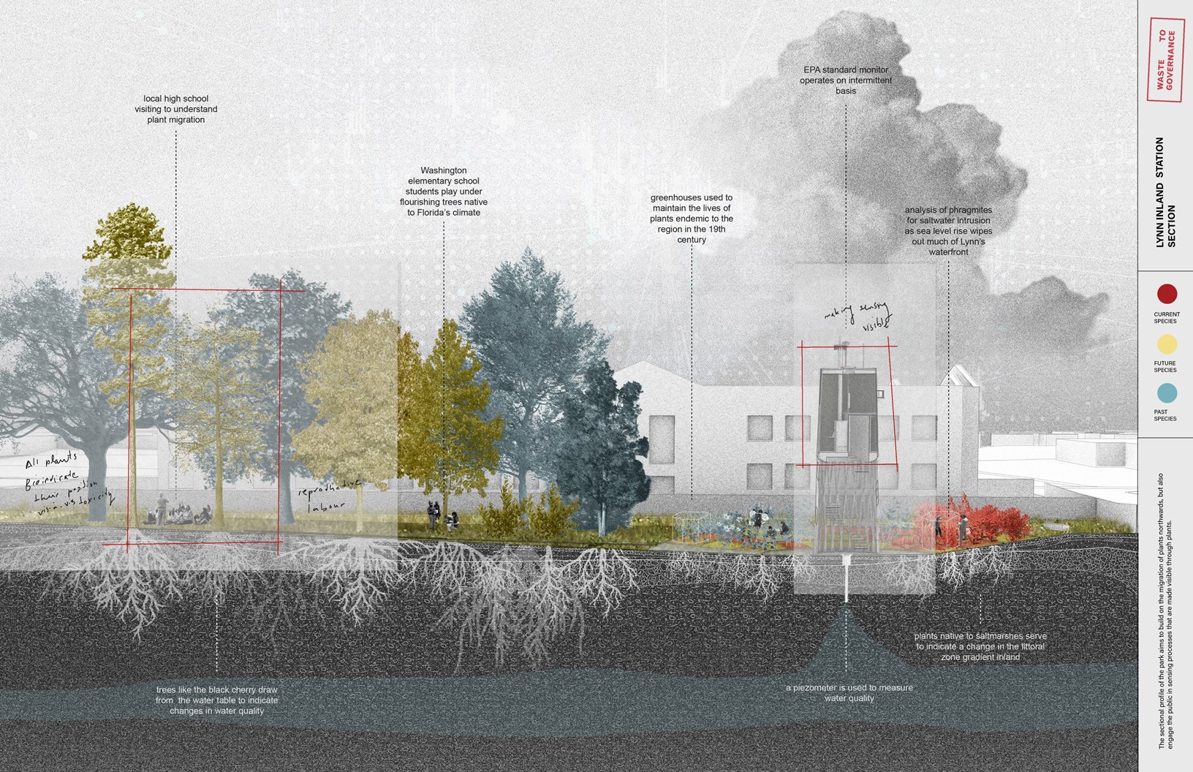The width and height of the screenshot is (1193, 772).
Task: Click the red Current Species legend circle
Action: click(1167, 294)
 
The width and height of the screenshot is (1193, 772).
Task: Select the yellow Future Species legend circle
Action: click(1167, 344)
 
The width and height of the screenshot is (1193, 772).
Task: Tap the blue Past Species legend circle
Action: click(1167, 393)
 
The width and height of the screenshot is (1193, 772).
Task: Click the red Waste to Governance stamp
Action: click(1166, 60)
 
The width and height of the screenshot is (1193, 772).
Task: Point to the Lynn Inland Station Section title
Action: click(1165, 192)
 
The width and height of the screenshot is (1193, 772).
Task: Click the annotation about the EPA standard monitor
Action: click(846, 80)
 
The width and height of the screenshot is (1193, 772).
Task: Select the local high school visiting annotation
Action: click(176, 109)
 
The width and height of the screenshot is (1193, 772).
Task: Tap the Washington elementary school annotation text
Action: click(444, 192)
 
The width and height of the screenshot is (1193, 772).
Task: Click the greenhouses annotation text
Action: click(692, 219)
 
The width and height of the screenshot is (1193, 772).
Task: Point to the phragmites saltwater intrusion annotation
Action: click(948, 231)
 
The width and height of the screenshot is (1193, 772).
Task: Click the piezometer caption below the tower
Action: click(849, 693)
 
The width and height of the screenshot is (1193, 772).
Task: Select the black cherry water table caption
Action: click(217, 700)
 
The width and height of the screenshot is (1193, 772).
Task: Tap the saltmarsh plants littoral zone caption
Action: click(980, 647)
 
